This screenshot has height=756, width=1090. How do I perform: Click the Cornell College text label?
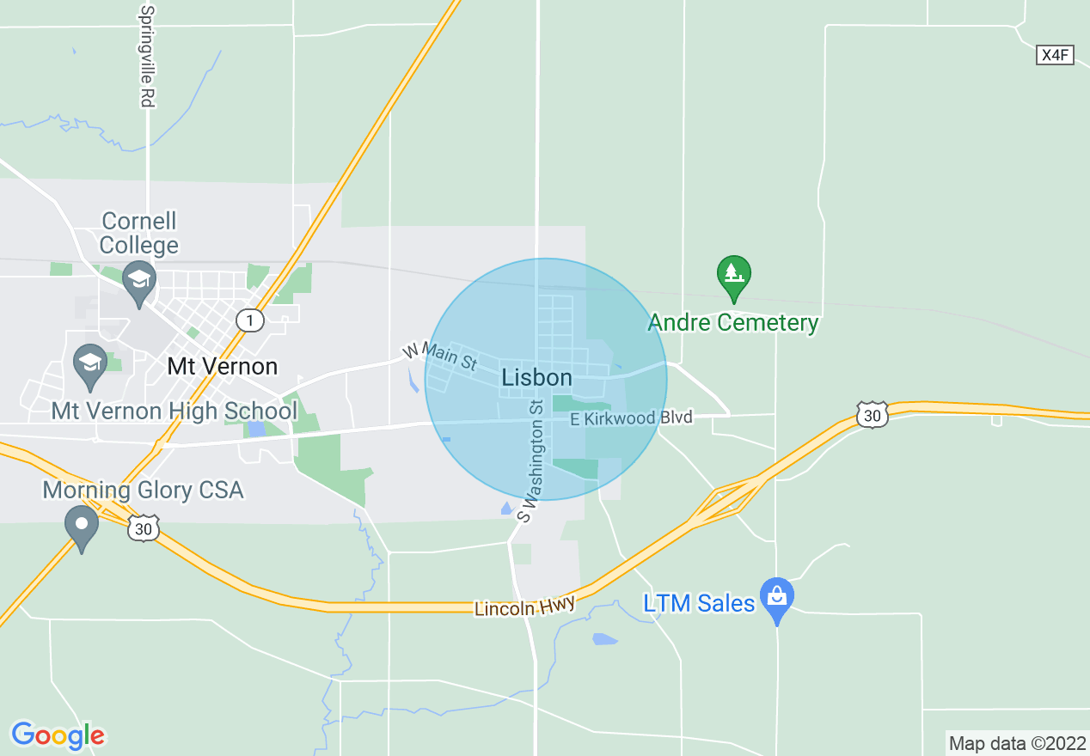click(138, 233)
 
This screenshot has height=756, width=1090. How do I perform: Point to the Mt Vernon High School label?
click(174, 411)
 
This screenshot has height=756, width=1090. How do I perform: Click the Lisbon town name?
click(536, 378)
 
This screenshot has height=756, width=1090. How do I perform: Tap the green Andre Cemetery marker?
click(733, 276)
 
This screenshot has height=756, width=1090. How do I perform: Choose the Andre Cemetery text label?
click(733, 323)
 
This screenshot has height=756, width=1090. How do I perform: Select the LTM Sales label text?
click(699, 603)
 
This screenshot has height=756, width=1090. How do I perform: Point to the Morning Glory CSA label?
click(143, 491)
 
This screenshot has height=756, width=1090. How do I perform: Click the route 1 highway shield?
click(249, 320)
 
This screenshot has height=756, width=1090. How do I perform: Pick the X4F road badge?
click(1055, 55)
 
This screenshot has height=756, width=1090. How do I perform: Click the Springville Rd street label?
click(147, 57)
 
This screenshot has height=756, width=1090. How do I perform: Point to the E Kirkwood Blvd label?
click(631, 418)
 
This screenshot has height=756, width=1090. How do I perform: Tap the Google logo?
click(58, 735)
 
